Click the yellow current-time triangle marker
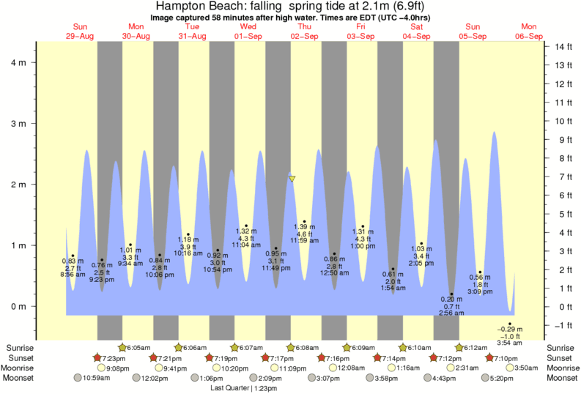point(292,178)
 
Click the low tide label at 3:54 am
point(509,342)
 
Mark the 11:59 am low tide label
point(304,240)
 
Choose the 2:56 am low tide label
point(452,313)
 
